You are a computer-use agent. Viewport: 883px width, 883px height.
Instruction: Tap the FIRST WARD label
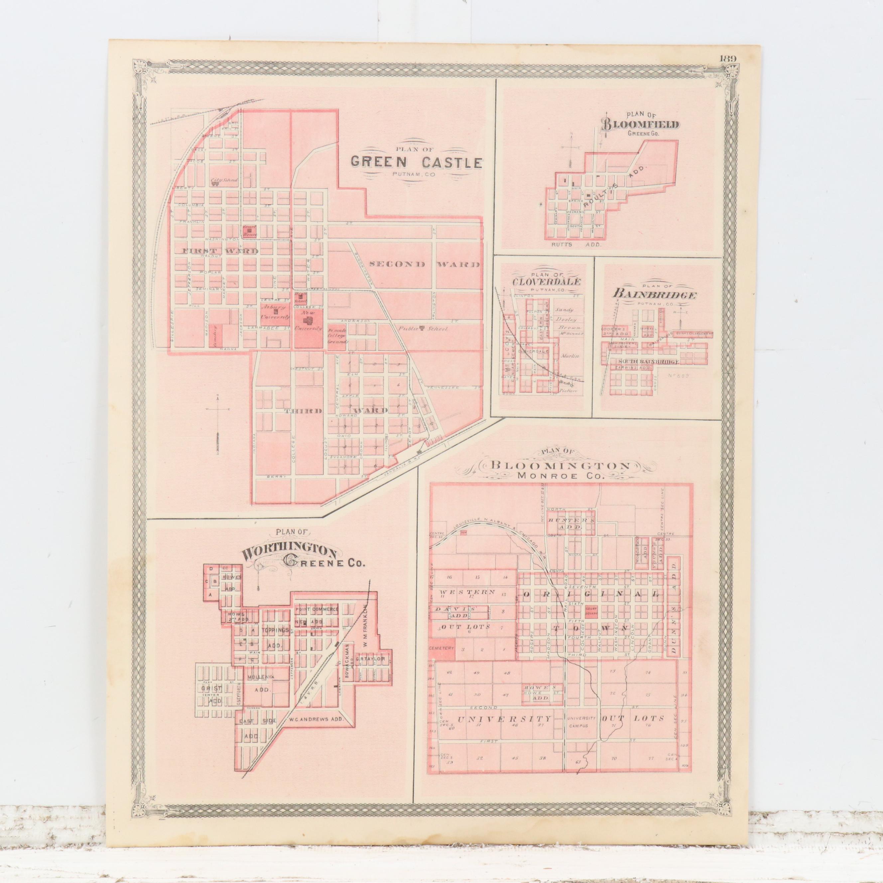click(221, 251)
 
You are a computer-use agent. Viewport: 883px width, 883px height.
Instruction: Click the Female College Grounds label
click(338, 336)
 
